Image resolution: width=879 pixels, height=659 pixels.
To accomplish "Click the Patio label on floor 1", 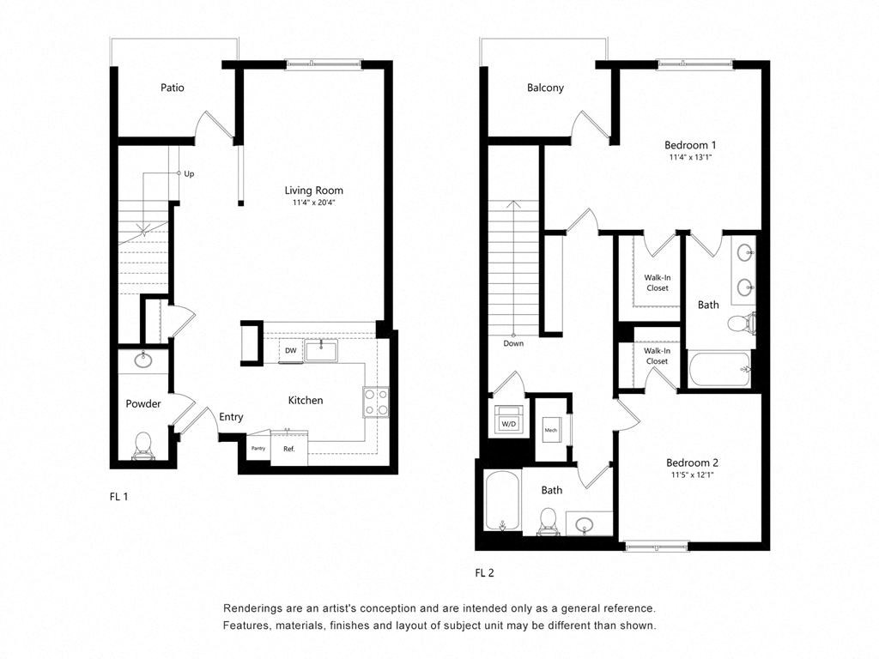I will click(x=172, y=88).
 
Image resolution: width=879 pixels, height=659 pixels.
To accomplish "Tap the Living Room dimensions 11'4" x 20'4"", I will click(x=313, y=203).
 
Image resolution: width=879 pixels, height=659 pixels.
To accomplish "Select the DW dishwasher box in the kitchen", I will click(x=291, y=351).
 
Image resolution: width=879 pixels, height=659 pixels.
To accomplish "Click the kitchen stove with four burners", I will click(x=375, y=402).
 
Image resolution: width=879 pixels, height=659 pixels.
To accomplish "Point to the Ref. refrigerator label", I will click(x=289, y=449).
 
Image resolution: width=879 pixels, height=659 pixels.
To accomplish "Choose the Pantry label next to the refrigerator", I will click(x=258, y=448).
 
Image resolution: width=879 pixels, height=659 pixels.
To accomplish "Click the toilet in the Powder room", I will click(x=142, y=445).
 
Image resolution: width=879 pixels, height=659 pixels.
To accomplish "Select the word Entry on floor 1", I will click(x=231, y=417).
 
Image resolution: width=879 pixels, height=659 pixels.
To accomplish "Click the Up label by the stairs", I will click(x=189, y=173).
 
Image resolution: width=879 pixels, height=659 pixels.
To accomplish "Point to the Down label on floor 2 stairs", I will click(x=514, y=343).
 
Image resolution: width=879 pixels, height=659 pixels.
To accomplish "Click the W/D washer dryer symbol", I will click(x=507, y=423).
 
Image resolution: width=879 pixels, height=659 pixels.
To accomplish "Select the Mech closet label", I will click(x=550, y=430).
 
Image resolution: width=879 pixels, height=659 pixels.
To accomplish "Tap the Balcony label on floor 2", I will click(x=545, y=88).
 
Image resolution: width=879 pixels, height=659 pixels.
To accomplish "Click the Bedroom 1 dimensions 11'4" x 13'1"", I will click(x=690, y=158).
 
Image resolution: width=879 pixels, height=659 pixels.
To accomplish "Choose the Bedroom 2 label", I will click(x=691, y=463).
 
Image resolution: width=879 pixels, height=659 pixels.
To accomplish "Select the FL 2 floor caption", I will click(x=485, y=572).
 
